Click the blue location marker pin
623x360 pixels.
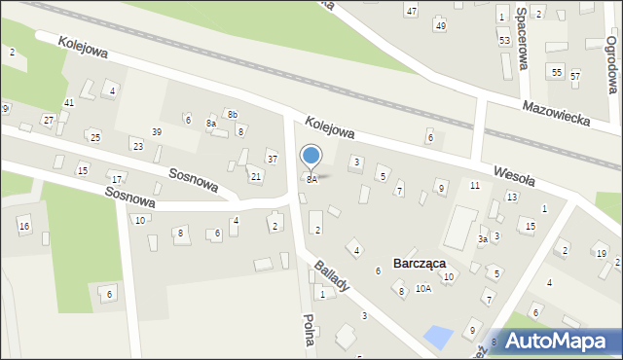(x=311, y=156)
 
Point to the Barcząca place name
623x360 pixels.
(x=420, y=264)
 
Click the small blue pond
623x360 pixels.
(x=438, y=338)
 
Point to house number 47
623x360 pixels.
(x=412, y=11)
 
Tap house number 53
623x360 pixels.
(x=504, y=41)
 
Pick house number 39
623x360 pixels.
(x=156, y=132)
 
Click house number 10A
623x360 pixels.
(x=423, y=289)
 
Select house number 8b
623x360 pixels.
(x=233, y=115)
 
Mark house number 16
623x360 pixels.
(x=24, y=227)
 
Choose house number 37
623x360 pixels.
(x=273, y=160)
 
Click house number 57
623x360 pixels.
(x=575, y=76)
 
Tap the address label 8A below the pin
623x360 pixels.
(x=311, y=180)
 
